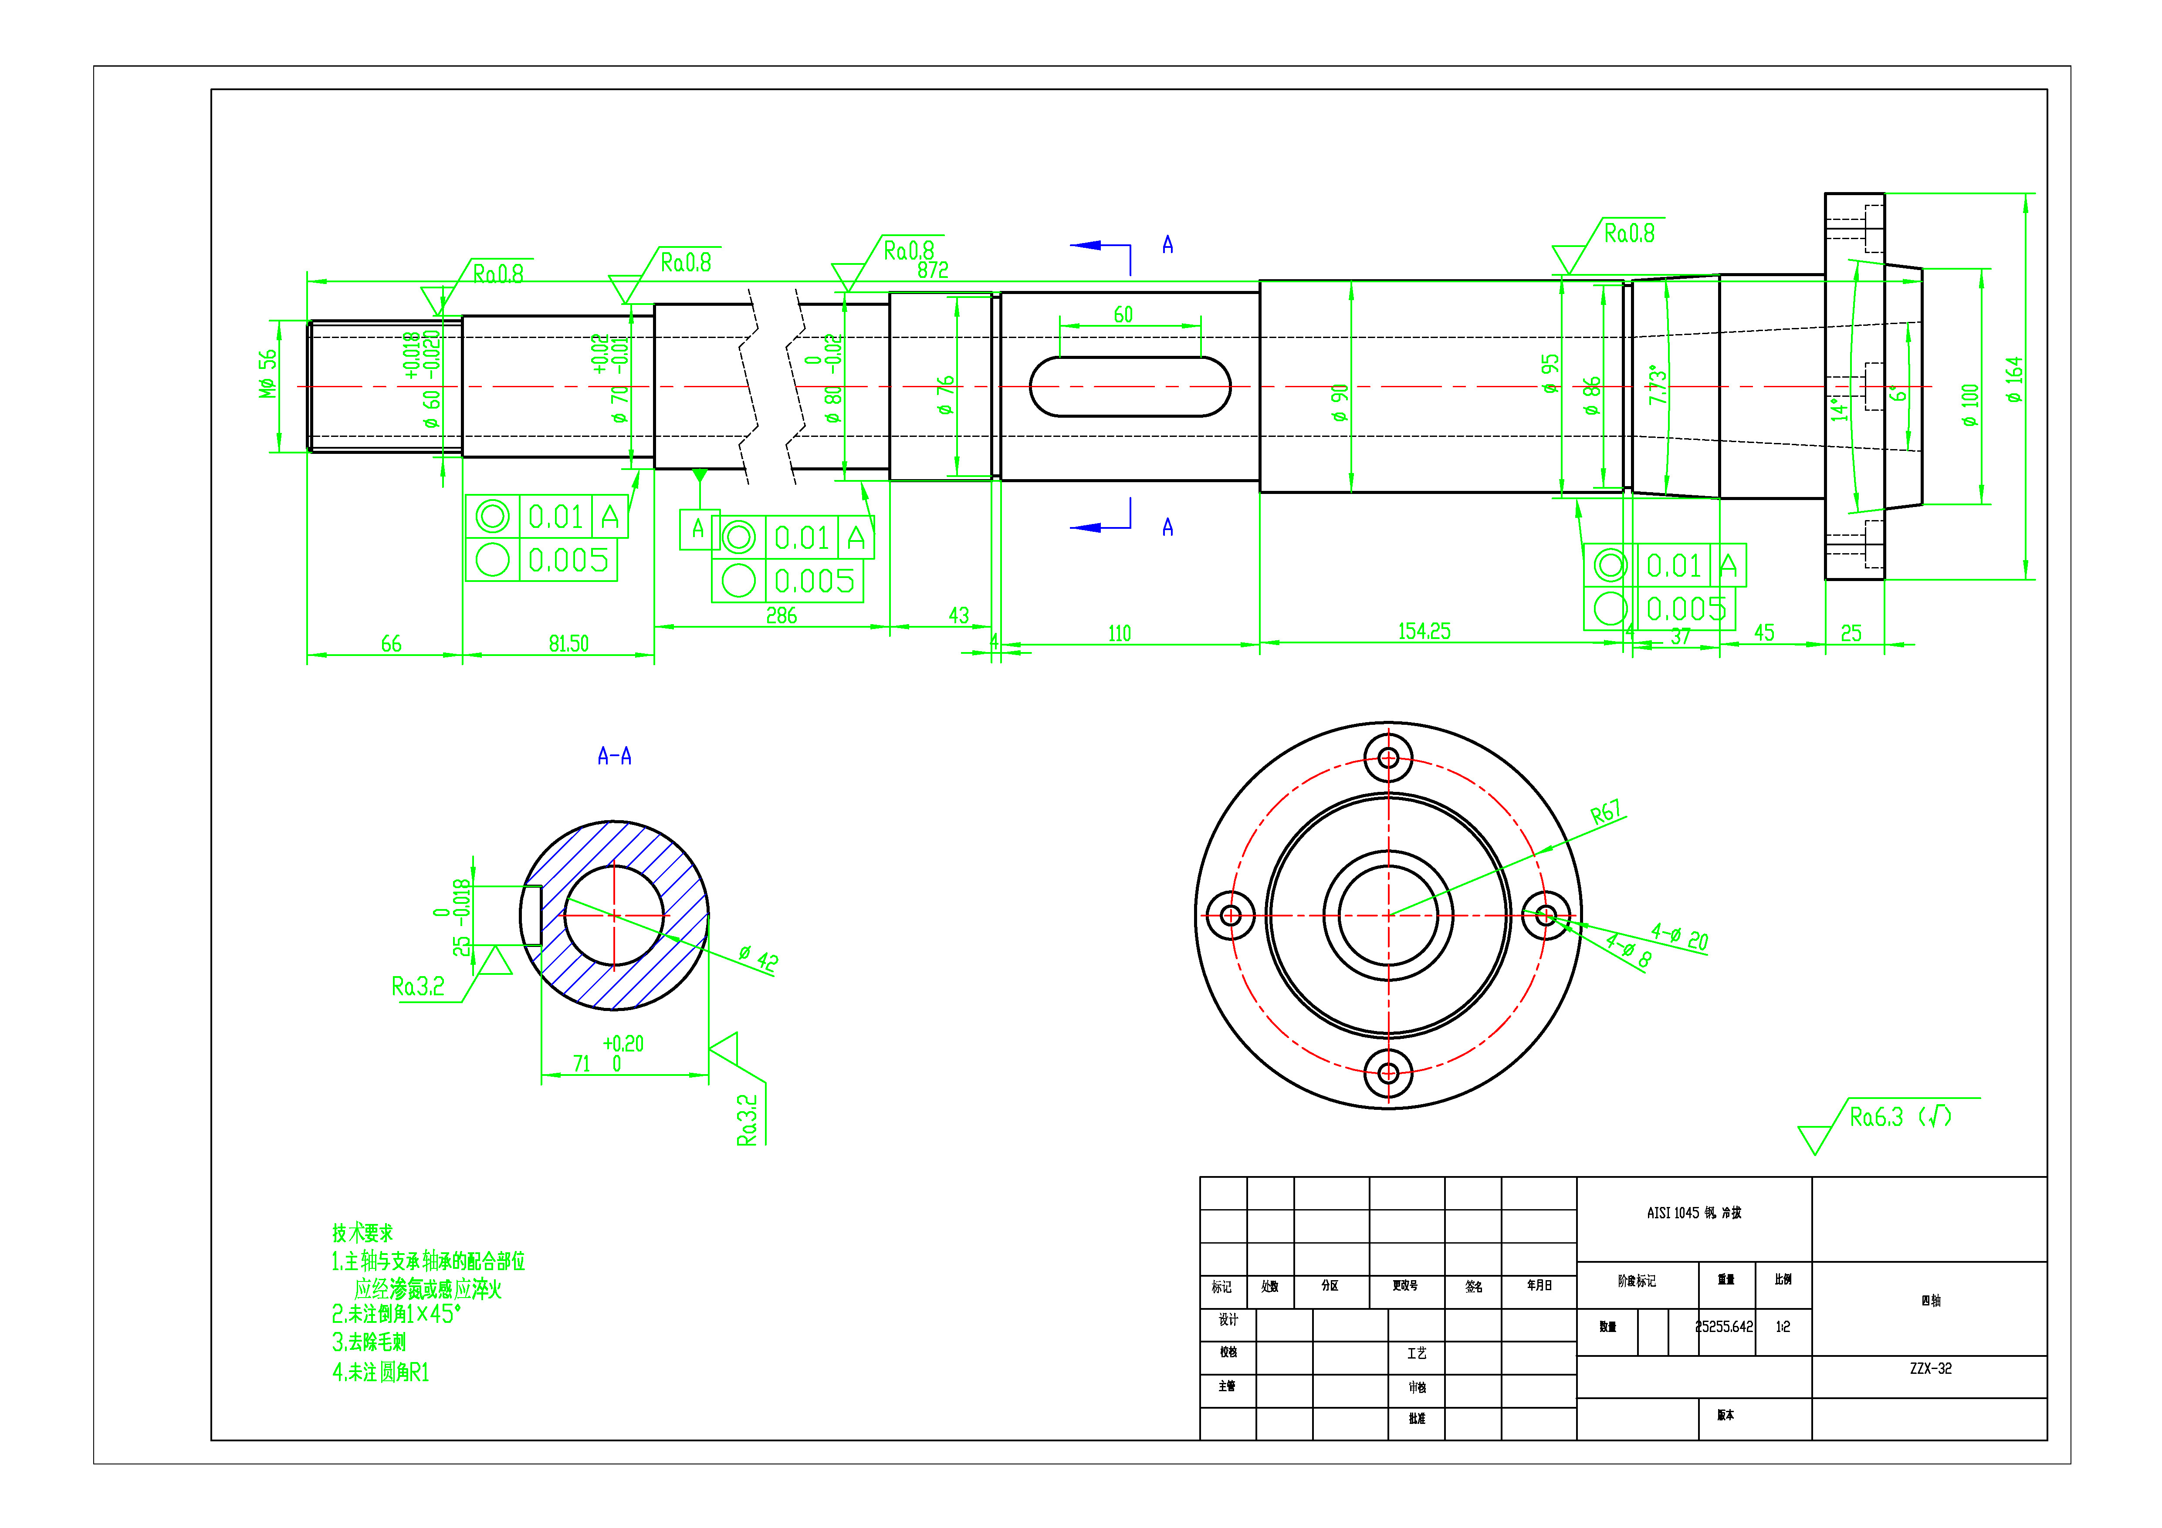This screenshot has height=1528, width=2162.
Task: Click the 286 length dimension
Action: [x=781, y=616]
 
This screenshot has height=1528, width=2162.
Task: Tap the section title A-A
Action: [x=614, y=756]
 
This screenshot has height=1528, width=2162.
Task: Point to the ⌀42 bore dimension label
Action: [x=758, y=958]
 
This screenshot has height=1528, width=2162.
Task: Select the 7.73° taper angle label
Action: [x=1657, y=386]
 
